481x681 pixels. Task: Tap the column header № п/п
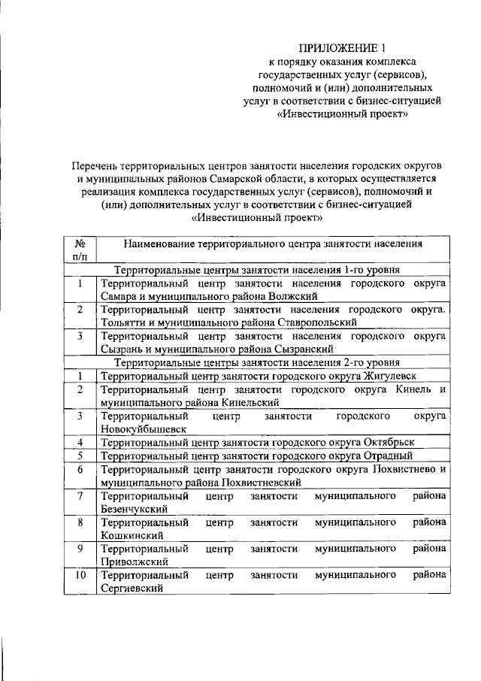(79, 250)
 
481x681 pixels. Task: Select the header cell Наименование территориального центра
(273, 244)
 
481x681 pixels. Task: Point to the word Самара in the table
(118, 296)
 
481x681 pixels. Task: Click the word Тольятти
(122, 322)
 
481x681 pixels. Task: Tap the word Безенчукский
(134, 509)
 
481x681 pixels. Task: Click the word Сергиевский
(132, 589)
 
